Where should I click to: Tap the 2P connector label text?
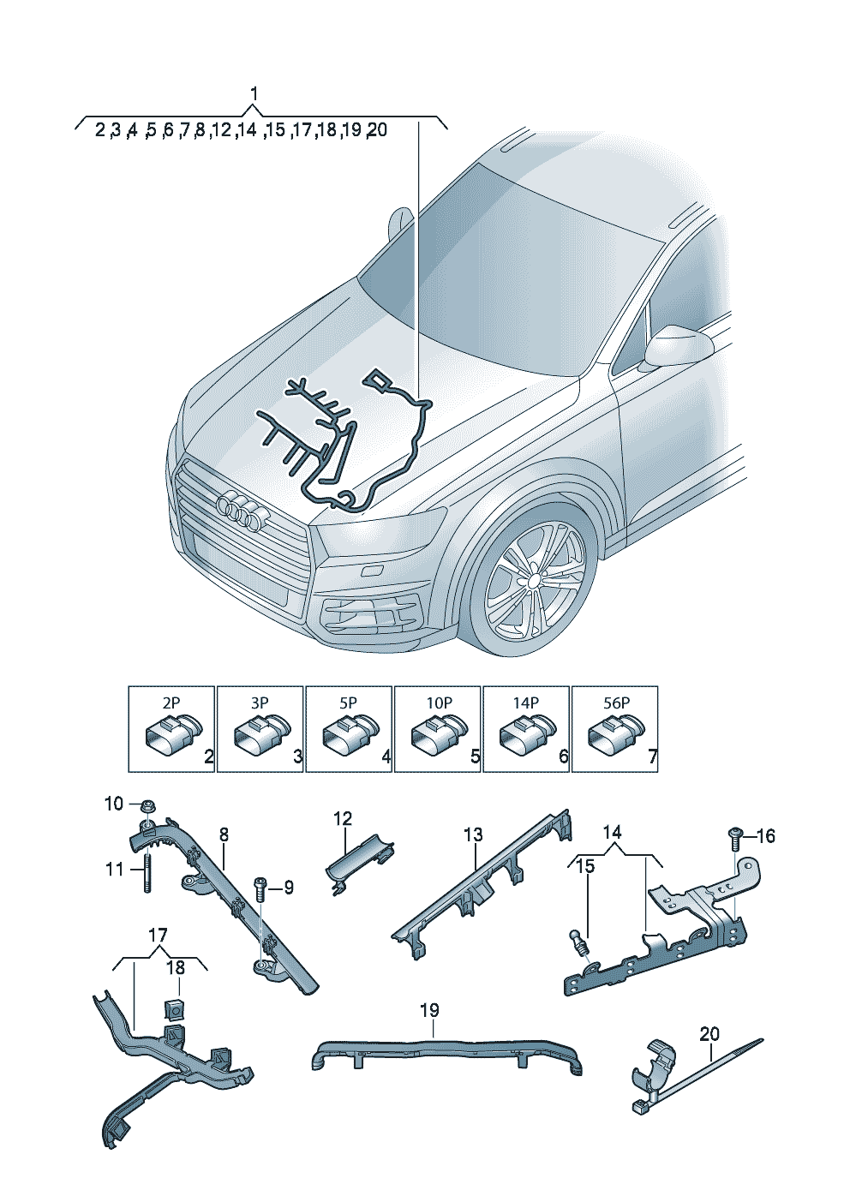click(x=171, y=703)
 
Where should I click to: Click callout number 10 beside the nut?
click(x=114, y=804)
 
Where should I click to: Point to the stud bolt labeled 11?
click(x=148, y=871)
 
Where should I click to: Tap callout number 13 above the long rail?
click(x=473, y=834)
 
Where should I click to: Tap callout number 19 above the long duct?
click(x=429, y=1010)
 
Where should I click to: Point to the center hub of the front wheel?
click(x=533, y=581)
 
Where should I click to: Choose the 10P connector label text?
click(x=438, y=703)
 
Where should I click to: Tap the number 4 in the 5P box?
click(x=386, y=757)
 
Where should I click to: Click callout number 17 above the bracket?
click(x=158, y=936)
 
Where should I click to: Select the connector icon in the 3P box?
click(x=260, y=735)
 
